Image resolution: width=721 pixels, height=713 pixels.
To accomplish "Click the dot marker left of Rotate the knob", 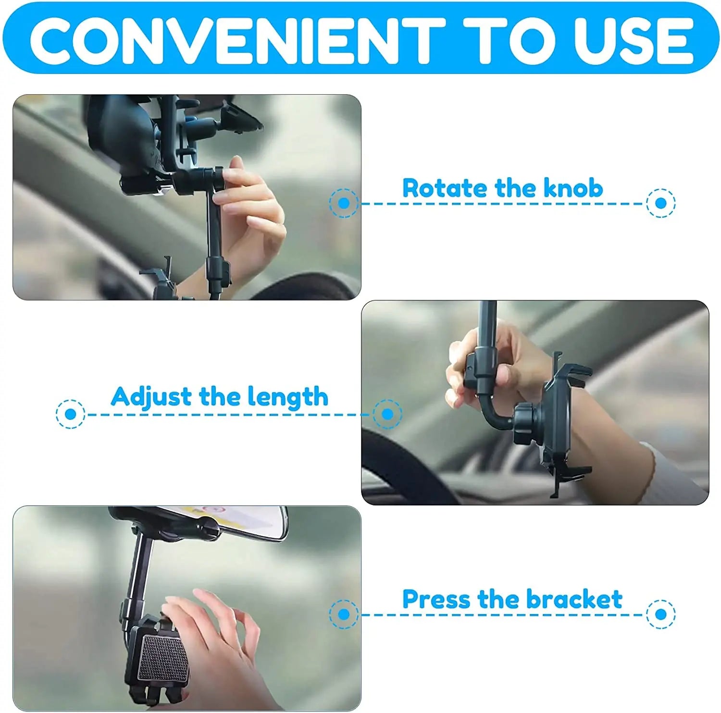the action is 344,203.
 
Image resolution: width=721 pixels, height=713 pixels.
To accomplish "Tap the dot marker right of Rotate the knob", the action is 661,203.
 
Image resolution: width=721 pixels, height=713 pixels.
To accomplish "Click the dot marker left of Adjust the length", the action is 71,414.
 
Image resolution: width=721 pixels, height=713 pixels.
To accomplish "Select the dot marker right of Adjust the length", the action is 387,414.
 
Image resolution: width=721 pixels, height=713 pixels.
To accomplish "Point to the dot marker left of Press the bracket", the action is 344,614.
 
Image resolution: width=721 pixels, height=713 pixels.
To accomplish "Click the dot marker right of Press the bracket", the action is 661,614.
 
